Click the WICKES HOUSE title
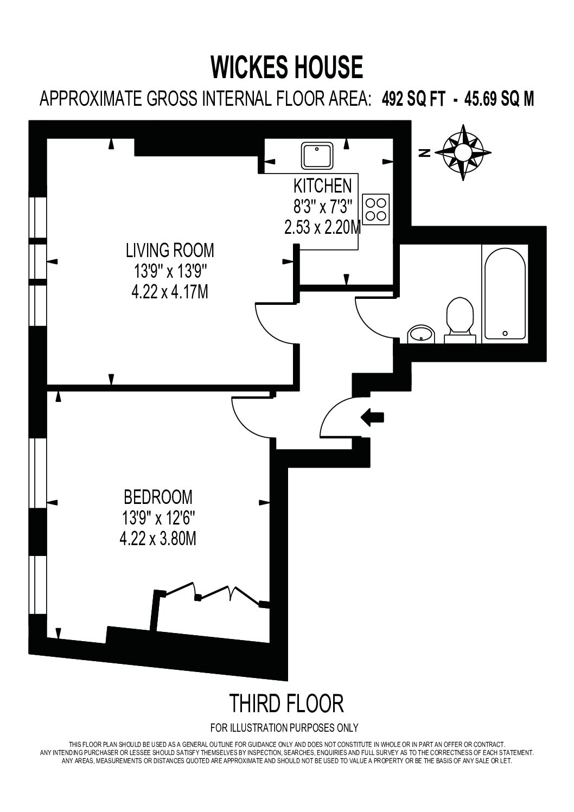tap(286, 67)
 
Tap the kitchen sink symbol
tap(317, 156)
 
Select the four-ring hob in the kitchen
tap(375, 210)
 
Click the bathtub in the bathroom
tap(505, 294)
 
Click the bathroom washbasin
tap(421, 334)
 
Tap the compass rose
tap(463, 152)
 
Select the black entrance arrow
tap(372, 417)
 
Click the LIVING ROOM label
tap(170, 251)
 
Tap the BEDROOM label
tap(158, 497)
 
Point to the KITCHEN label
tap(322, 186)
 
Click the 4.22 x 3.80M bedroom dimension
tap(158, 539)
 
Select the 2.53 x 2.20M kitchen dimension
tap(322, 228)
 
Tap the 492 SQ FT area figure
tap(413, 99)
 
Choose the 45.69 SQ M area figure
tap(499, 99)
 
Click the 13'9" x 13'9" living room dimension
tap(170, 271)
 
